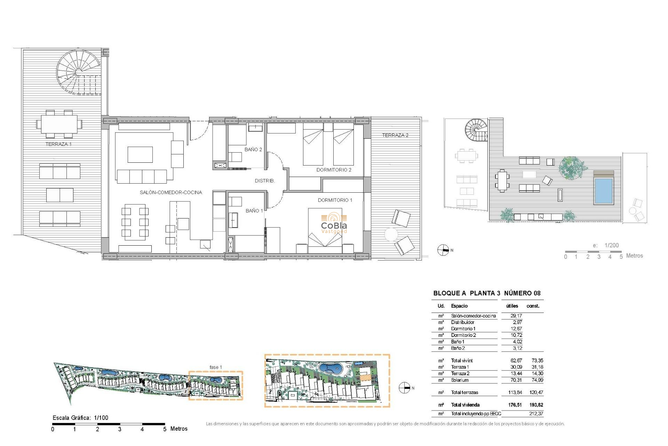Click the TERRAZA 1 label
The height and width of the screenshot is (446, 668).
point(58,144)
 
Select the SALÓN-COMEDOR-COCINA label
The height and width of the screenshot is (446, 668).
point(170,192)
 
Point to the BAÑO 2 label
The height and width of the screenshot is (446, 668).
point(253,149)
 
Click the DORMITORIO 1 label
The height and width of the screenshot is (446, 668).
point(335,200)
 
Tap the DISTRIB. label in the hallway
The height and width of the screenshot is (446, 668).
point(264,181)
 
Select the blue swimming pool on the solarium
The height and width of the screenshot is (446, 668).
point(604,191)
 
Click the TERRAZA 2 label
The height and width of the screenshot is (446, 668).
point(395,135)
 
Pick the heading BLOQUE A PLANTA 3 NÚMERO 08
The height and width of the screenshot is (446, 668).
point(487,293)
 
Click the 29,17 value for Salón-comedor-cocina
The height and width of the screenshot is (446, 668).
point(516,316)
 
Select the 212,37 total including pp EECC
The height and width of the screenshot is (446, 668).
point(536,414)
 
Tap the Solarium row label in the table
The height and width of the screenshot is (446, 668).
point(460,380)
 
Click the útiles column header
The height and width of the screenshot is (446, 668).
point(512,306)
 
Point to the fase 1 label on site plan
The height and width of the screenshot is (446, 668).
point(215,367)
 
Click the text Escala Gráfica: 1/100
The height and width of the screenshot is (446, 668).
point(80,417)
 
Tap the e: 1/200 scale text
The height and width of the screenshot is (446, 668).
point(606,245)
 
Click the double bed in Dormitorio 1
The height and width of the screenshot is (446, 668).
point(325,230)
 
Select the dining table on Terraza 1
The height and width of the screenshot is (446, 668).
point(59,124)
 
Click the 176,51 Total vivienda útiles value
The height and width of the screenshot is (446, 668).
point(515,405)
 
